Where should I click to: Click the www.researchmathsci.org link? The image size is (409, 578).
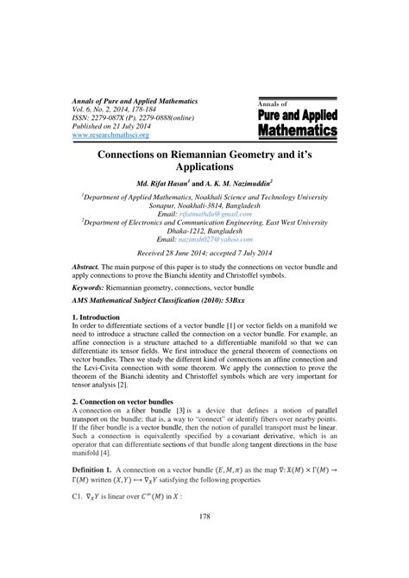(107, 135)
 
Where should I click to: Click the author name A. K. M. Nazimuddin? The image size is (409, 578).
(247, 184)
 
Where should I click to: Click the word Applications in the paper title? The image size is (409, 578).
(204, 166)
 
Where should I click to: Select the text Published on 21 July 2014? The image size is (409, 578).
(117, 127)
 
